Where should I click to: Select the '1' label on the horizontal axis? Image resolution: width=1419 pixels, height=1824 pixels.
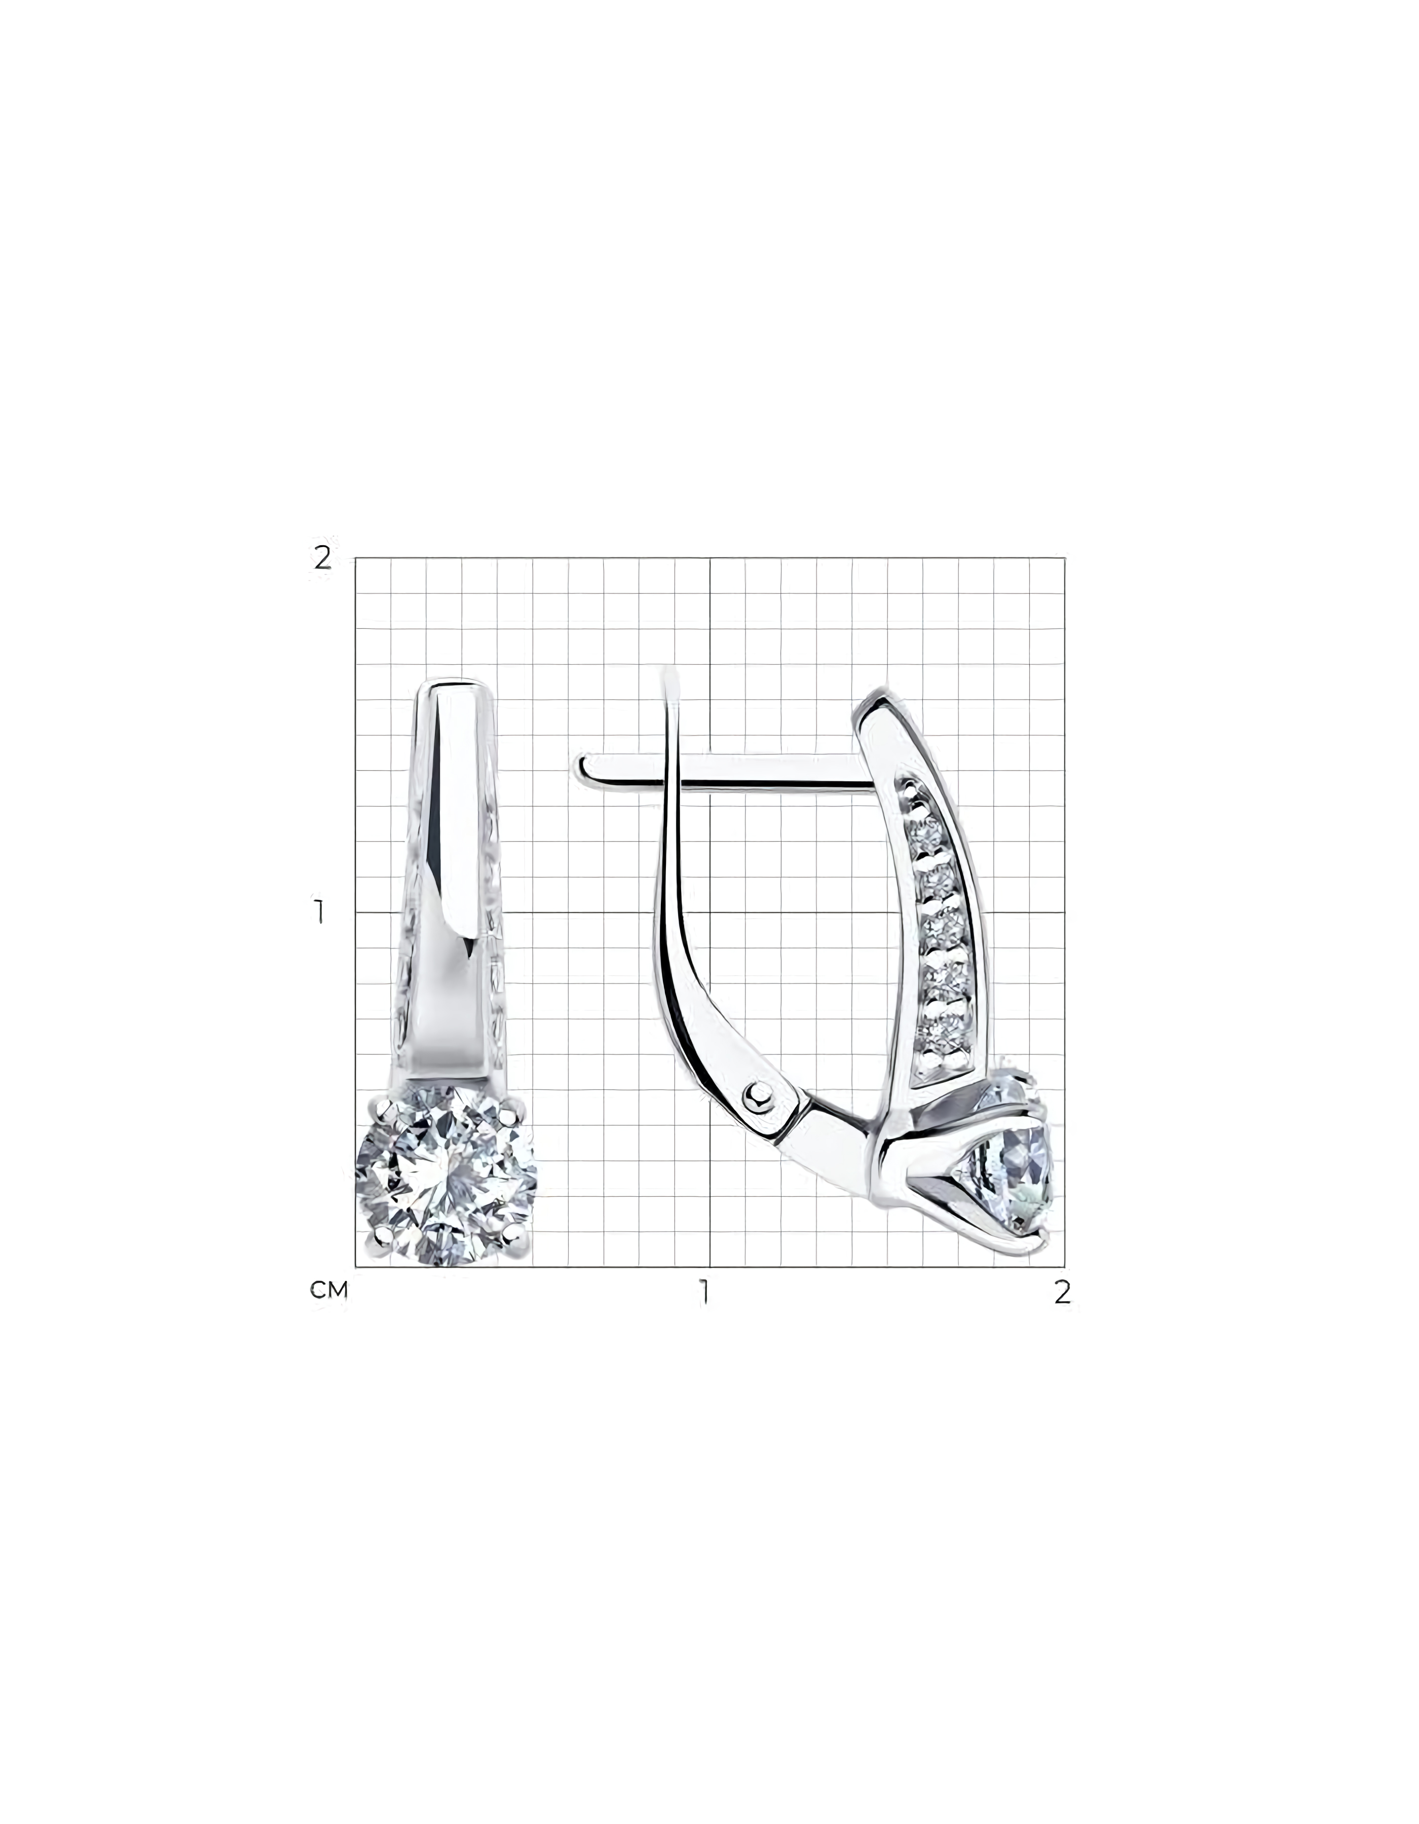tap(706, 1292)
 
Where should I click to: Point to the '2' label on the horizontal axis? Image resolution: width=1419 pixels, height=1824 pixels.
tap(1062, 1292)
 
